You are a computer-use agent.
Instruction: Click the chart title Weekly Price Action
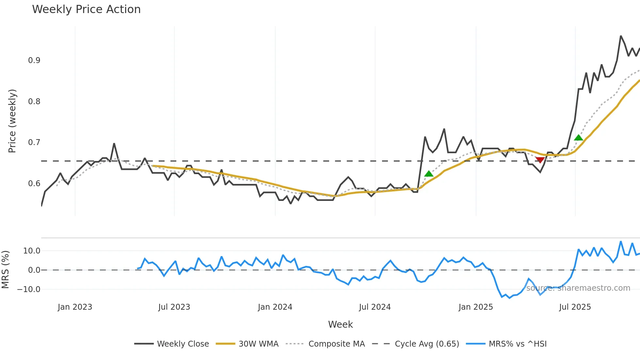point(86,9)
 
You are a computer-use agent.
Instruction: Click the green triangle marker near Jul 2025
point(578,138)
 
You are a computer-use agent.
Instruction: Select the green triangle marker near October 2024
point(428,174)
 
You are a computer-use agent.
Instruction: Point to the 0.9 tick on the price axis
point(34,60)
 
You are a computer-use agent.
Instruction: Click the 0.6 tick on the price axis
point(34,184)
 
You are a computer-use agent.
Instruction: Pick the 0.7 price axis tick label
point(34,142)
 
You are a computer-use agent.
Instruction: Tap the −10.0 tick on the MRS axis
point(29,289)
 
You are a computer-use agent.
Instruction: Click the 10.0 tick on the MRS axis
point(32,251)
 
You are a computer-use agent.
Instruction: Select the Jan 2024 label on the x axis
point(275,307)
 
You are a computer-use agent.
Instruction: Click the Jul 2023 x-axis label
point(174,307)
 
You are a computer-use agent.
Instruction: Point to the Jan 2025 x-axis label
point(475,307)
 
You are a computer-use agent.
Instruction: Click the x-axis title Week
point(340,324)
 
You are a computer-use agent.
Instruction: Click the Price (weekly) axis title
point(12,121)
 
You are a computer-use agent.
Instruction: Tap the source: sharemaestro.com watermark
point(578,288)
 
